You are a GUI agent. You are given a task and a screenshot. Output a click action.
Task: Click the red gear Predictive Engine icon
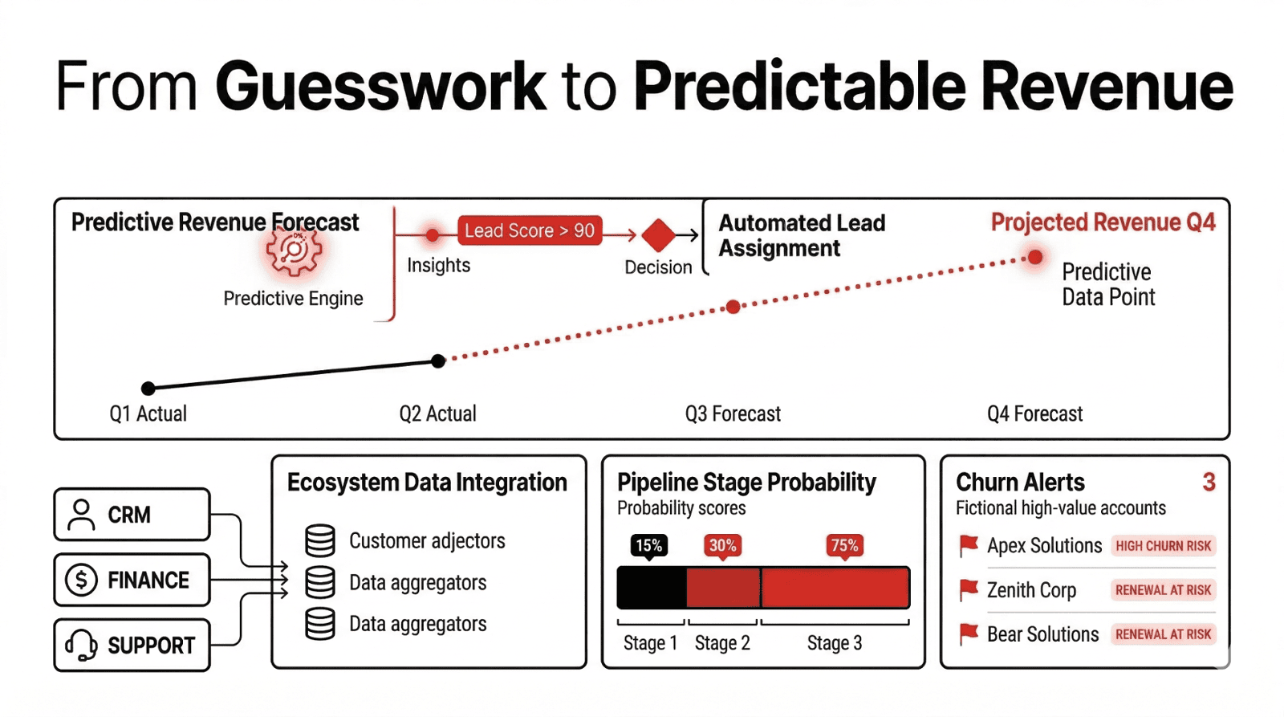[294, 251]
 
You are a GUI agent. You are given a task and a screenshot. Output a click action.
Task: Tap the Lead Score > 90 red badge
[530, 230]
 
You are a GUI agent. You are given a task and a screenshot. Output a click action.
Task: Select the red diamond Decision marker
[659, 235]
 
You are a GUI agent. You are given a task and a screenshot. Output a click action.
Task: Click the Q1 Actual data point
[148, 389]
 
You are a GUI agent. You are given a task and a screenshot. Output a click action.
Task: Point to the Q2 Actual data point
[438, 361]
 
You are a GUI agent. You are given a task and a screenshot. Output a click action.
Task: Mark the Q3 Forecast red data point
[733, 307]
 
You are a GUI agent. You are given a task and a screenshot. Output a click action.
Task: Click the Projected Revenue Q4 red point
[1035, 257]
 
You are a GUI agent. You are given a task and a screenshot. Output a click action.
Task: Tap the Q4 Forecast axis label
[1034, 413]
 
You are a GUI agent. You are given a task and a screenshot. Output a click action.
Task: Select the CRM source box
[132, 515]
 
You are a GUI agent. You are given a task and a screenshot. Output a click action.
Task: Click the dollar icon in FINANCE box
[81, 580]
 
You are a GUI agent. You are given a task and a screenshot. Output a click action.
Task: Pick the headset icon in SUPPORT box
[81, 645]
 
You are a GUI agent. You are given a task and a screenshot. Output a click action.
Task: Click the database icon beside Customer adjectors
[320, 541]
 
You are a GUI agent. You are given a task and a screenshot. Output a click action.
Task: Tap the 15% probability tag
[649, 546]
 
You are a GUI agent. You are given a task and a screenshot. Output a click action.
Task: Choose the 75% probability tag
[844, 546]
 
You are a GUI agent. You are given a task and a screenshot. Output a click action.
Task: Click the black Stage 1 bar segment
[652, 588]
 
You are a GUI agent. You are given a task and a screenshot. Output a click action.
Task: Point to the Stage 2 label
[722, 643]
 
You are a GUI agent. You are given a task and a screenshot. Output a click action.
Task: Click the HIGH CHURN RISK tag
[1163, 546]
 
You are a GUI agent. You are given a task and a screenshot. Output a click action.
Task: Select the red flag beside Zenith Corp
[969, 590]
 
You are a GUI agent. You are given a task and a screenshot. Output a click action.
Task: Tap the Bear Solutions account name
[1042, 634]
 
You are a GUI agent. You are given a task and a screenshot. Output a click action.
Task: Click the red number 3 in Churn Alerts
[1209, 482]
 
